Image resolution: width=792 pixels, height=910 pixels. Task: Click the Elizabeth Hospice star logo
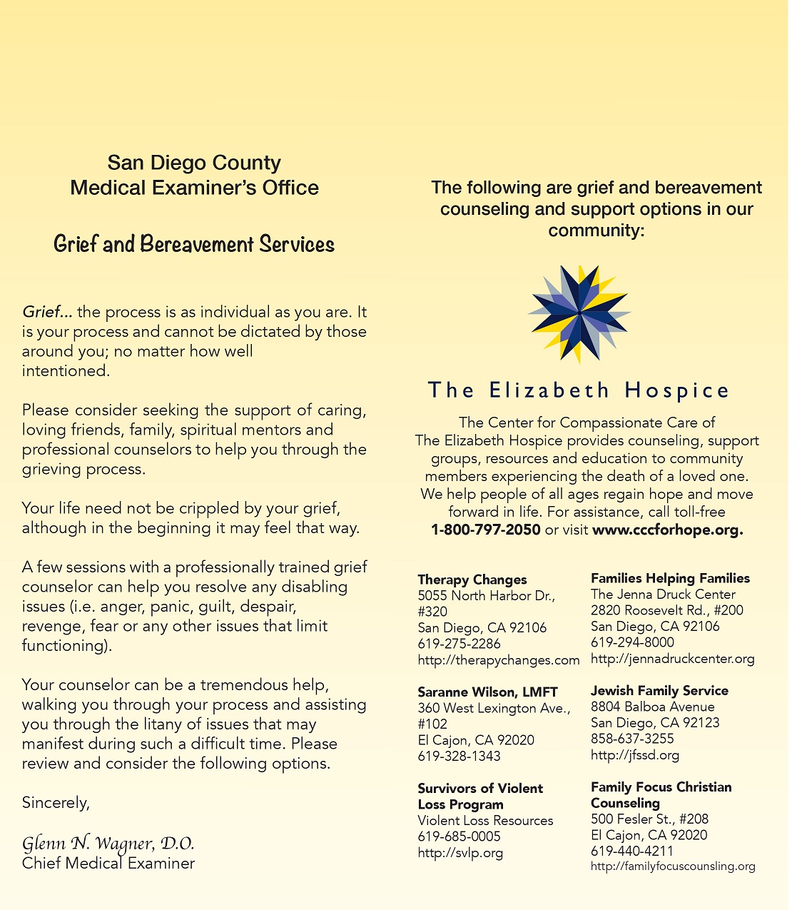(x=579, y=314)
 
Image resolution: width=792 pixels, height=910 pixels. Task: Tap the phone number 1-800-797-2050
(x=485, y=530)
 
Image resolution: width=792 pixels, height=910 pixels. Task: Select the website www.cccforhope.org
(x=667, y=530)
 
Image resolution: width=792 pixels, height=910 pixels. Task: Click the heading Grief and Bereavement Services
(x=194, y=244)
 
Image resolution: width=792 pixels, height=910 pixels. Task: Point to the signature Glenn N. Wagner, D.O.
(x=108, y=844)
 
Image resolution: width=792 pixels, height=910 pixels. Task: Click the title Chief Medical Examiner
(x=108, y=864)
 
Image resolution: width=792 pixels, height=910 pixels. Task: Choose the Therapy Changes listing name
(x=472, y=580)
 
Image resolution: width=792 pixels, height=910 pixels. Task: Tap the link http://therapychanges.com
(x=498, y=660)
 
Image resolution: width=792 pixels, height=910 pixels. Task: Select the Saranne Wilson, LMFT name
(x=487, y=692)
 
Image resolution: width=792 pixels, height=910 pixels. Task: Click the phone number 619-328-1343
(x=459, y=756)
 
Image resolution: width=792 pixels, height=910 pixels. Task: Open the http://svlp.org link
(x=460, y=852)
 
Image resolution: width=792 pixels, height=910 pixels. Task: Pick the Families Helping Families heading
(x=670, y=578)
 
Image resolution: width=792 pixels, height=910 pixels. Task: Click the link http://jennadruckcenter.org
(x=672, y=659)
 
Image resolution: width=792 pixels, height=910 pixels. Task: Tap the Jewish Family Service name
(x=659, y=690)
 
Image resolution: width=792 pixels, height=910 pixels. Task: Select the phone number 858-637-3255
(x=632, y=739)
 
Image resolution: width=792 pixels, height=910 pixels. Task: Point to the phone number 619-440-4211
(x=631, y=851)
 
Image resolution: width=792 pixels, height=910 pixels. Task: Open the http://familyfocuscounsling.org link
(x=673, y=866)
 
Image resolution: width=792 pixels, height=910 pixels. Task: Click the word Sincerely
(x=56, y=803)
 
